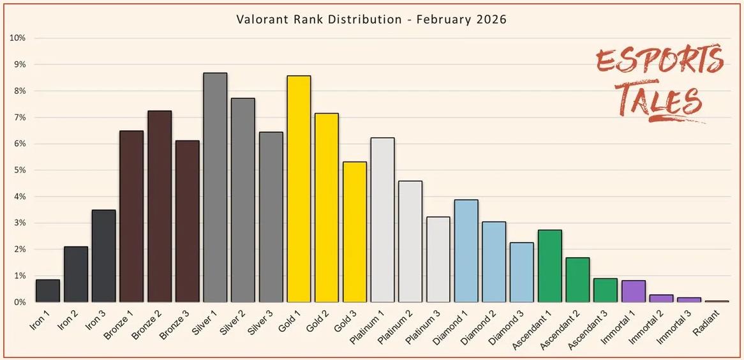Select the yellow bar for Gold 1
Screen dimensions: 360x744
tap(299, 189)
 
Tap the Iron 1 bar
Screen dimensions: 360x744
tap(48, 290)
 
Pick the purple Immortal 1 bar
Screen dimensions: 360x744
tap(634, 291)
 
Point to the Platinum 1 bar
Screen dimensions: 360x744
tap(383, 220)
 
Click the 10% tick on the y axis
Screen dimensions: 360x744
tap(17, 38)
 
